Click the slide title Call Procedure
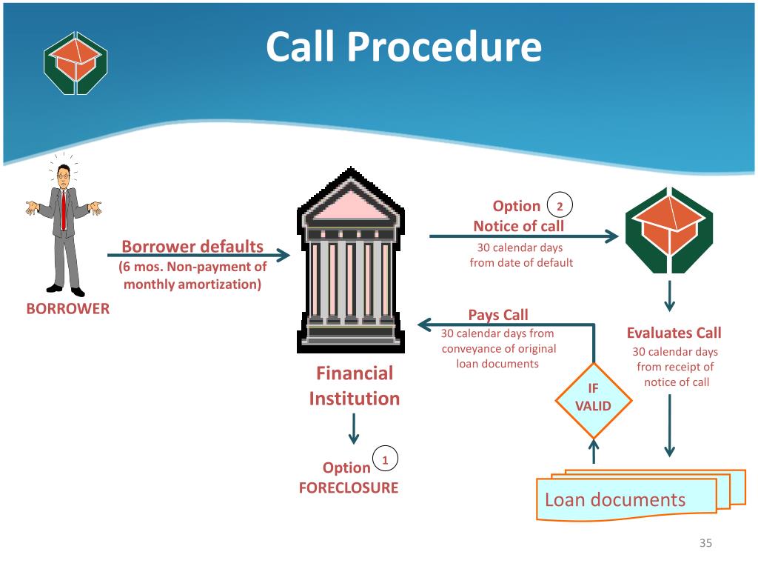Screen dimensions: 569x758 coord(403,47)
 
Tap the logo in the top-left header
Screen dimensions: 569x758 coord(76,62)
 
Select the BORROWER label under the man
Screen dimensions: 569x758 coord(68,309)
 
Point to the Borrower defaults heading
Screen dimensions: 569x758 coord(192,246)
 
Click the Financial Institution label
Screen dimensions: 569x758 coord(355,385)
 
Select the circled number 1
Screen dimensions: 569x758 coord(385,459)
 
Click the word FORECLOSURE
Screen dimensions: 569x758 coord(349,488)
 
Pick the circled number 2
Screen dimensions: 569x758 coord(560,205)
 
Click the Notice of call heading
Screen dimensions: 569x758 coord(518,226)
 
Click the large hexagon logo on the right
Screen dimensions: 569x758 coord(668,229)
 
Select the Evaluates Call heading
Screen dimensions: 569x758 coord(674,333)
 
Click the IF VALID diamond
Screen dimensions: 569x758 coord(594,398)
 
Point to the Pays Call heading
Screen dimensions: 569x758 coord(498,315)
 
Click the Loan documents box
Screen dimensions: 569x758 coord(626,499)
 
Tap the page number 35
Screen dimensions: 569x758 coord(705,545)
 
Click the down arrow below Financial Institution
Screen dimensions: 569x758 coord(354,428)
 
